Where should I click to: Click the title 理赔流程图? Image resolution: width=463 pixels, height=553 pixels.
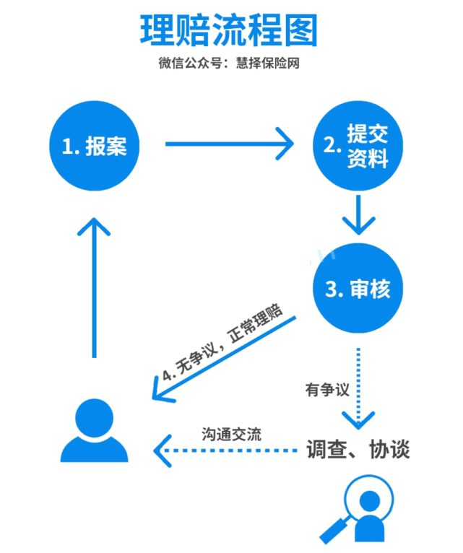point(229,30)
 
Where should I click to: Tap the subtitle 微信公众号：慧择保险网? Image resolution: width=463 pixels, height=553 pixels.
point(229,63)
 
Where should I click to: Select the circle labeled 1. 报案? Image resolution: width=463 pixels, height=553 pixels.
point(94,146)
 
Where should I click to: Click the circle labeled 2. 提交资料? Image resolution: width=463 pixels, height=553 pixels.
point(358,146)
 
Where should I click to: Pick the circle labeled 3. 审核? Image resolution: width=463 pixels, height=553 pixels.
point(358,288)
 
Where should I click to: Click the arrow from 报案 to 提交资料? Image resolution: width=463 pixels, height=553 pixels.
point(230,144)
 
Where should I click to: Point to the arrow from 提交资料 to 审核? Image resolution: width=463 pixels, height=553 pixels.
point(358,215)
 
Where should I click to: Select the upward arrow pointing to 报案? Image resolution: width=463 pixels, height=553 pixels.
point(94,288)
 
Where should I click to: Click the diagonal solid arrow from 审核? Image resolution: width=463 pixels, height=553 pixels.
point(224,359)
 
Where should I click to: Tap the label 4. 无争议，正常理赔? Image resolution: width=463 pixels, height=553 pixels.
point(222,343)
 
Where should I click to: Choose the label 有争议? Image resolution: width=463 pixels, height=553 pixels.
point(327,390)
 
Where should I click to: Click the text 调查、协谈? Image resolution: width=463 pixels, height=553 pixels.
point(358,449)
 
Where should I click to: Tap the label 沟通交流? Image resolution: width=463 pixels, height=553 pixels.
point(231,434)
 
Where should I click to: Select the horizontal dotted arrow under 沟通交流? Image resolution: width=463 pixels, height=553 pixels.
point(225,450)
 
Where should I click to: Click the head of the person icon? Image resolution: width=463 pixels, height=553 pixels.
point(94,418)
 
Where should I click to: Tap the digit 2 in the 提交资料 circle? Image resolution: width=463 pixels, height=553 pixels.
point(331,145)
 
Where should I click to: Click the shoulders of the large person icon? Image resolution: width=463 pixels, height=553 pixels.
point(94,449)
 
